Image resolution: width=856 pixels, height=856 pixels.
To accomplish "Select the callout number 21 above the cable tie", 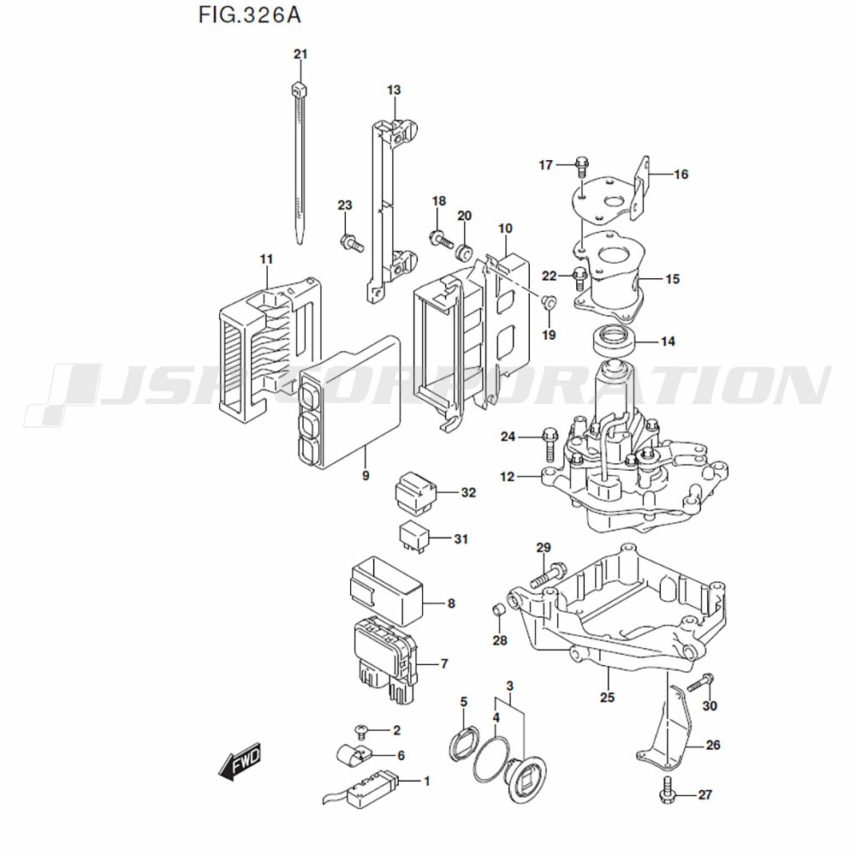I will (300, 55).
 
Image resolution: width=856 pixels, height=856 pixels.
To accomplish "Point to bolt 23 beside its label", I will (351, 241).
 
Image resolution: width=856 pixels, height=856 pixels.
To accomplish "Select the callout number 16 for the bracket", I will (681, 175).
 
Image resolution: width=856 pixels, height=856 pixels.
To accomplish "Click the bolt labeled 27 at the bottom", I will (668, 793).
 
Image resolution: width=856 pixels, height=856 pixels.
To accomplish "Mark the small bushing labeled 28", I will (495, 610).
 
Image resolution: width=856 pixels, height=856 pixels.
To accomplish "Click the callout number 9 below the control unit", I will (366, 475).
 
